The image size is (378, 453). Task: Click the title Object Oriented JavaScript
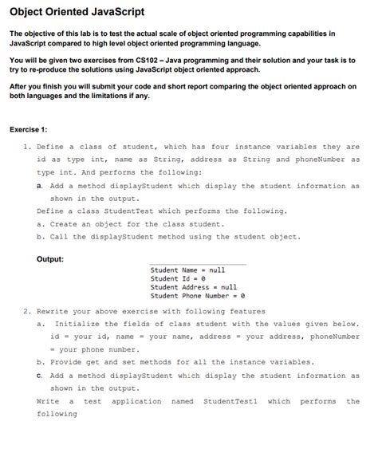(x=76, y=11)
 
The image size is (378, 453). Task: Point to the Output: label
(x=51, y=258)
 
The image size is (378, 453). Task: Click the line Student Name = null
(x=187, y=270)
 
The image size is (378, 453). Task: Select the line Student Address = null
(x=194, y=287)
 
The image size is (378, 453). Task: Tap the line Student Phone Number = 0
(x=198, y=296)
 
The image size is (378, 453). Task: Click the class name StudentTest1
(x=231, y=401)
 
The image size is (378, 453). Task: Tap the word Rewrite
(x=53, y=311)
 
